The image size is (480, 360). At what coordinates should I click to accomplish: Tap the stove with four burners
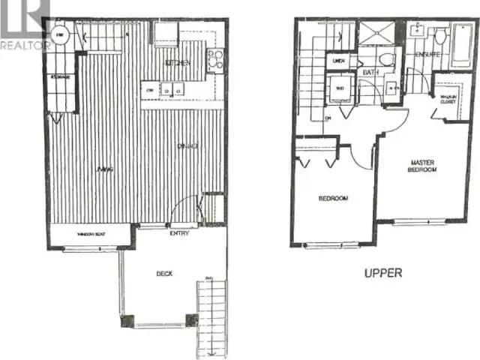[215, 57]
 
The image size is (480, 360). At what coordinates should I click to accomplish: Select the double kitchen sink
[173, 91]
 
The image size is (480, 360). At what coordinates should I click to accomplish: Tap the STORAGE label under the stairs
[61, 77]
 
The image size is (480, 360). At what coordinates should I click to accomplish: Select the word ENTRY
[178, 233]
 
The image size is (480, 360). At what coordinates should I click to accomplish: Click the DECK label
[164, 274]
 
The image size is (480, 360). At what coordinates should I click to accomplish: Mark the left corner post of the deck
[125, 320]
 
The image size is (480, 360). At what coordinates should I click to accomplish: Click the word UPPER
[382, 273]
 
